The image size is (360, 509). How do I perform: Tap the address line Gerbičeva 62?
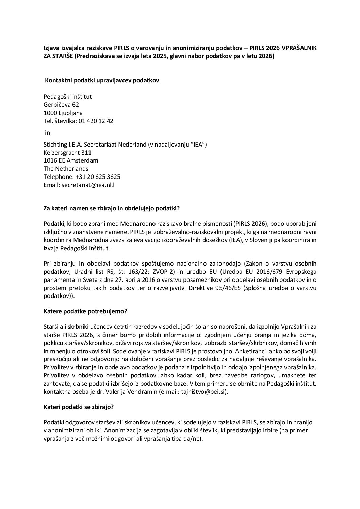61,105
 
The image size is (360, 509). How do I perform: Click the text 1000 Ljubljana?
63,113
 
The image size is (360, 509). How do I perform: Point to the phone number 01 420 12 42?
96,121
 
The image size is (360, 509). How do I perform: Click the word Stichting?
56,145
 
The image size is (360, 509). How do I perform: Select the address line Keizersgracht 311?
67,153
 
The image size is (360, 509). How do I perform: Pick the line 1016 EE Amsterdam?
71,160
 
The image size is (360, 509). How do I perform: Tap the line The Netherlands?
66,169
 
